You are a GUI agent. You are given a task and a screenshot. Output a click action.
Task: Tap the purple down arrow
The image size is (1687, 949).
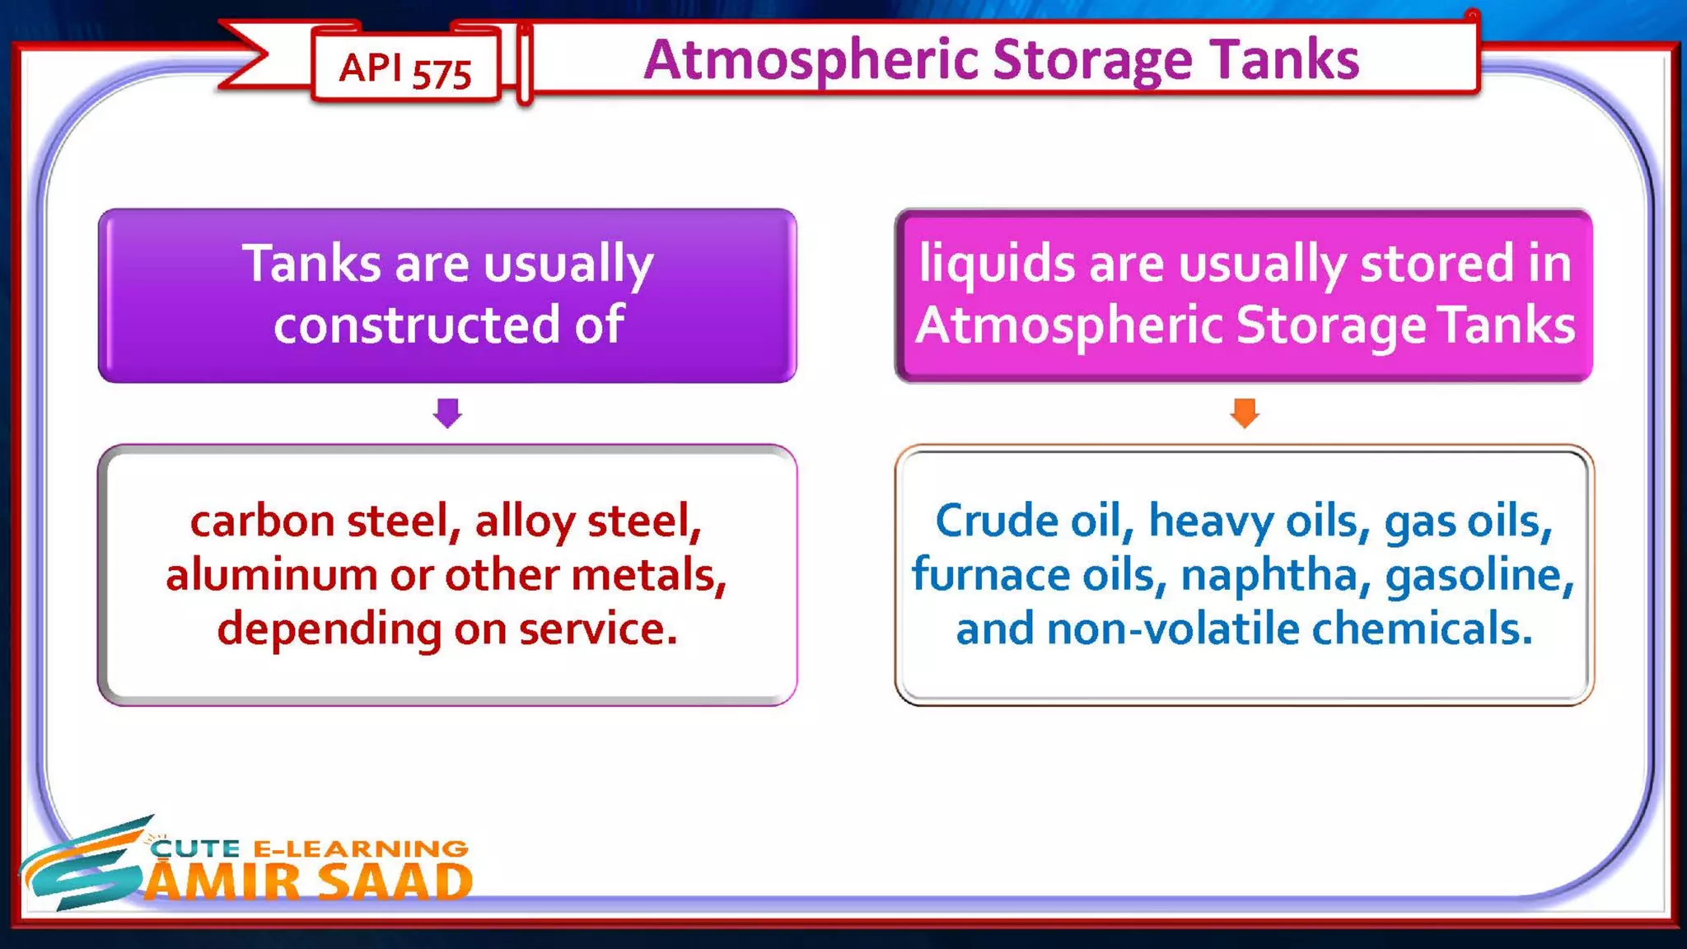tap(447, 413)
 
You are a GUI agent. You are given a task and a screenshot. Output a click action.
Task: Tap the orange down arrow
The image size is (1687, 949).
tap(1244, 413)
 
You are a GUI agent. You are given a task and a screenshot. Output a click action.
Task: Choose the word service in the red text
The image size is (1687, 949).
tap(596, 629)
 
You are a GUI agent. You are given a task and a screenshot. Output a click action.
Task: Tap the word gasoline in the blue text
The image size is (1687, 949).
tap(1478, 575)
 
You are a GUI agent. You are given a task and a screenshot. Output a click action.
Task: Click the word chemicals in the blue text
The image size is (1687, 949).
tap(1421, 629)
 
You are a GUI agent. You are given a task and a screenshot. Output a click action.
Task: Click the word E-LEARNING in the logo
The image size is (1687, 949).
tap(360, 848)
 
